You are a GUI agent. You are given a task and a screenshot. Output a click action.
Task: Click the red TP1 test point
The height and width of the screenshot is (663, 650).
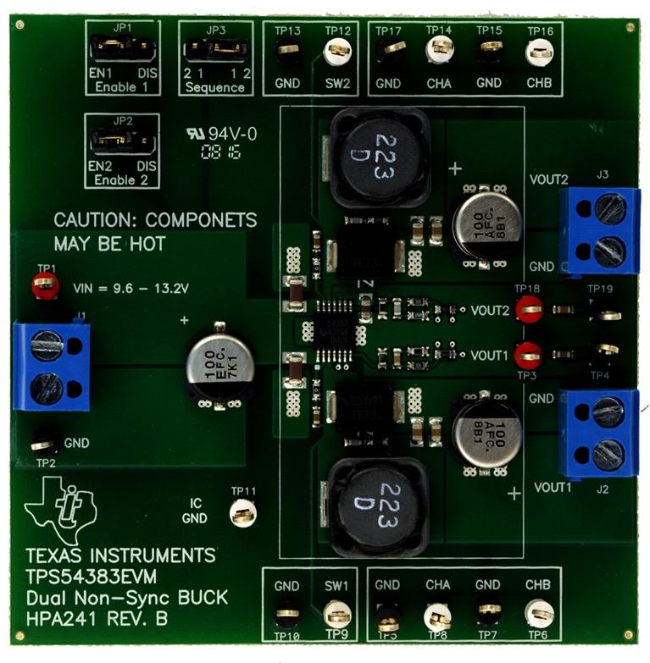coord(44,286)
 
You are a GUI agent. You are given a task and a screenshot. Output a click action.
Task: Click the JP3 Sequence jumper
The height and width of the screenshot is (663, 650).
coord(215,51)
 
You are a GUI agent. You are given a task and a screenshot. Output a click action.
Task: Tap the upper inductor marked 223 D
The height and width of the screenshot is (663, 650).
coord(379,158)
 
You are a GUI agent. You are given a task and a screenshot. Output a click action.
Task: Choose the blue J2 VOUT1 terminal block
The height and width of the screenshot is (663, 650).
coord(598,433)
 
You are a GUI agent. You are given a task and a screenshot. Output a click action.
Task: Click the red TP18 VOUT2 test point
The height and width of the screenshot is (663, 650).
coord(530,308)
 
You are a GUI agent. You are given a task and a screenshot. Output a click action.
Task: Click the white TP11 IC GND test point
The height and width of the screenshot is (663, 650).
coord(243,512)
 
